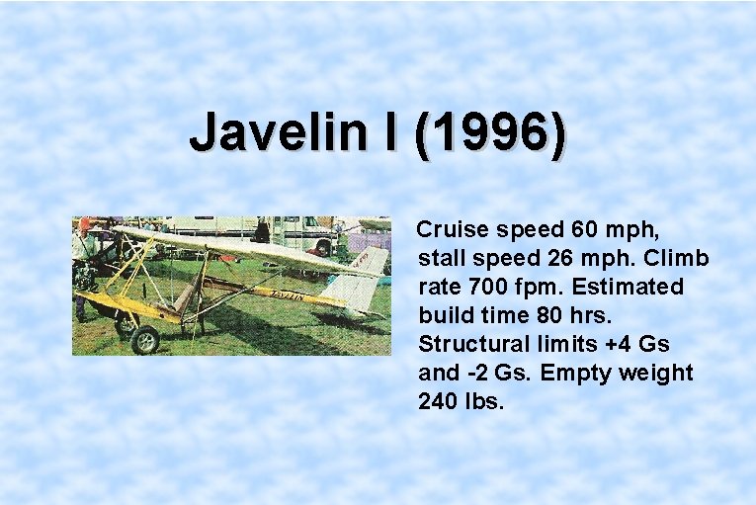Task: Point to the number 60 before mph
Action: point(584,230)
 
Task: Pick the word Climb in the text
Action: point(677,259)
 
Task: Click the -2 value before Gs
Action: point(480,374)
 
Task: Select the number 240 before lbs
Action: point(438,402)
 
